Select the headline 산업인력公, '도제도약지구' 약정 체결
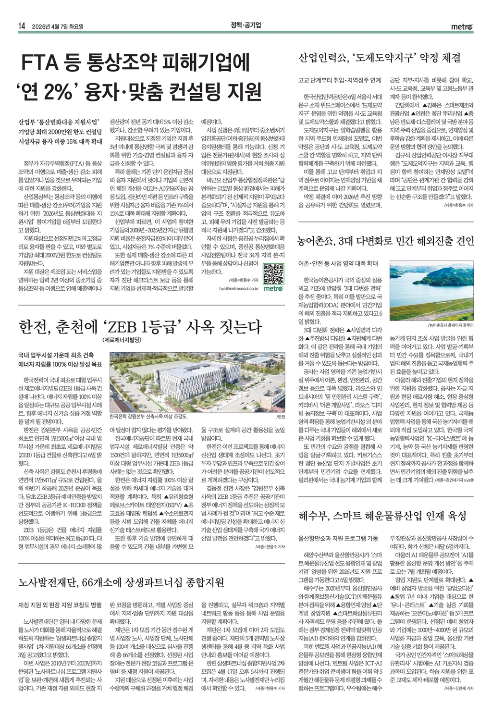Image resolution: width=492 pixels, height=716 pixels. point(380,58)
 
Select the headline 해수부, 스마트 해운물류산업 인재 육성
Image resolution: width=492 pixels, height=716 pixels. point(382,516)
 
